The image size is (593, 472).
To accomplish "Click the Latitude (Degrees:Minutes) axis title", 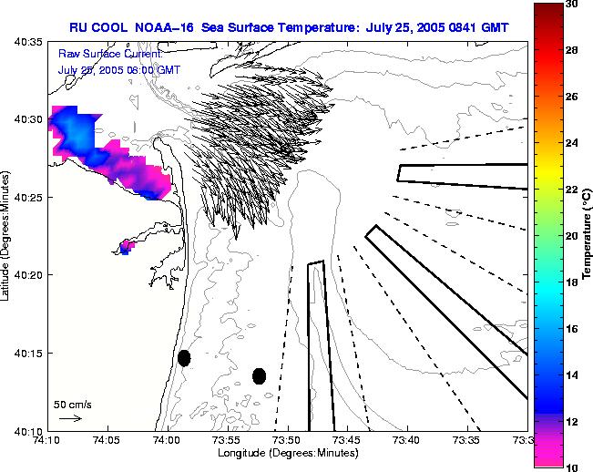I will click(x=7, y=235).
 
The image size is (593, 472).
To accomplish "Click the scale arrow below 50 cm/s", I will click(x=70, y=418).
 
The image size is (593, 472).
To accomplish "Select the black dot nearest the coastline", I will click(x=184, y=358).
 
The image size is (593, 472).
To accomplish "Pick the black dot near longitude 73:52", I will click(x=259, y=375).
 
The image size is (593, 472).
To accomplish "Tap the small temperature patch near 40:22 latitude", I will click(x=127, y=246).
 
